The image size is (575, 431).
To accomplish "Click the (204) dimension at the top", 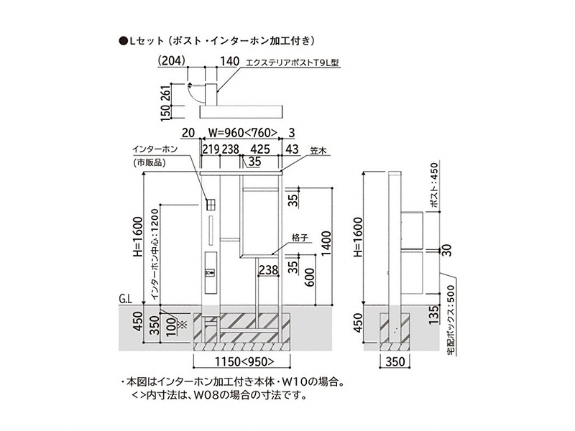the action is (172, 60).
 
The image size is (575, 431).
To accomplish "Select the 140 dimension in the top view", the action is (229, 61).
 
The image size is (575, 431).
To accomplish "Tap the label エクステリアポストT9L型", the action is (293, 63).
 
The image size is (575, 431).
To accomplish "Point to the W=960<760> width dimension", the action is (243, 132).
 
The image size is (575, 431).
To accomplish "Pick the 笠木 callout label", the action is (318, 151).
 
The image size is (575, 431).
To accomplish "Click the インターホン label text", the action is (155, 149).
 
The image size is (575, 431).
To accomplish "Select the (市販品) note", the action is (149, 163).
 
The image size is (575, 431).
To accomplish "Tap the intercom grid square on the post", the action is (211, 205).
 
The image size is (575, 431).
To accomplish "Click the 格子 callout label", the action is (300, 238).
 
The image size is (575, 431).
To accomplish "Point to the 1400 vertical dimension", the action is (326, 244).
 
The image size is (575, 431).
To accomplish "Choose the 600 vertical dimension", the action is (309, 277).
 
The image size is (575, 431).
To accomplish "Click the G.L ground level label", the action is (125, 300).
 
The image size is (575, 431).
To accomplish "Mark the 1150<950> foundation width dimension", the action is (244, 361).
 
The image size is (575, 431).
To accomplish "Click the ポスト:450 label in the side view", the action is (434, 185).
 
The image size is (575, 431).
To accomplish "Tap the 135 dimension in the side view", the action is (433, 315).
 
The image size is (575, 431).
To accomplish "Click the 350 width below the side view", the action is (395, 362).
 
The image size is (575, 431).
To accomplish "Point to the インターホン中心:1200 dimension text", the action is (155, 254).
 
